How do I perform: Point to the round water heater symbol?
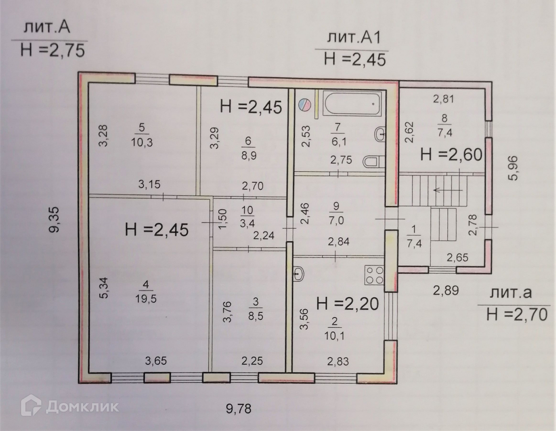[305, 104]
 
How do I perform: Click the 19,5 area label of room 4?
[146, 297]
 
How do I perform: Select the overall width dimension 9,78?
[238, 407]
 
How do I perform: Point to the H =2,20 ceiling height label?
[347, 304]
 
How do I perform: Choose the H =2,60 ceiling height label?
[451, 154]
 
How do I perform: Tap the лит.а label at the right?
[511, 293]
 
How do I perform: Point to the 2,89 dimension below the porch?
[446, 290]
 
